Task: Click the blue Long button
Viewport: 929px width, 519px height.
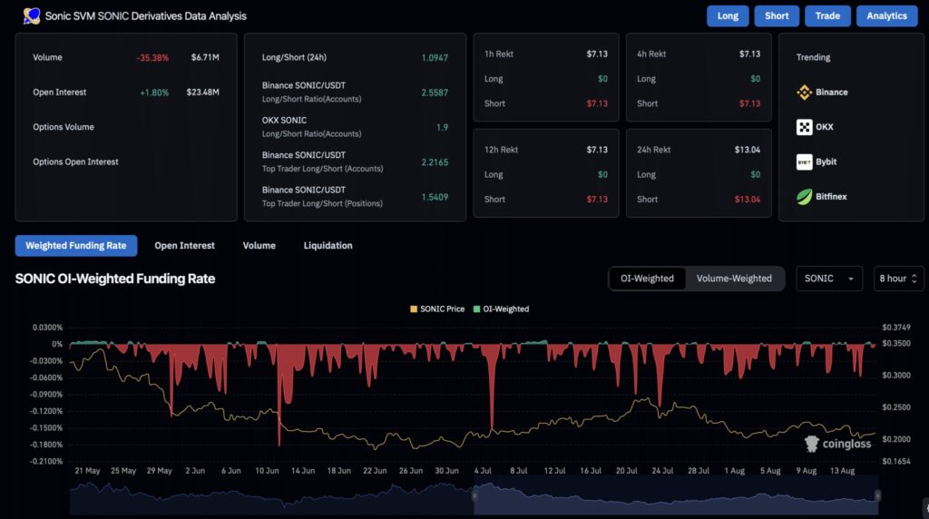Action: pyautogui.click(x=728, y=15)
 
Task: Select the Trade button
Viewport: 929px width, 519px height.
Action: pyautogui.click(x=827, y=15)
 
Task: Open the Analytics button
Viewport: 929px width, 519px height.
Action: pyautogui.click(x=886, y=15)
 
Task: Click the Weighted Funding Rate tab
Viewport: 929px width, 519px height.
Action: pyautogui.click(x=76, y=245)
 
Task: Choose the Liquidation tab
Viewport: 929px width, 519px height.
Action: pyautogui.click(x=328, y=245)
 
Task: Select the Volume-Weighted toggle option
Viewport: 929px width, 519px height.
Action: pyautogui.click(x=734, y=279)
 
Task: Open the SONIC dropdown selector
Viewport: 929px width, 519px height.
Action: pyautogui.click(x=828, y=279)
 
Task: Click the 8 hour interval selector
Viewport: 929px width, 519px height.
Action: pyautogui.click(x=899, y=279)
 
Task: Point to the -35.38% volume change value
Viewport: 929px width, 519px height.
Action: pyautogui.click(x=152, y=57)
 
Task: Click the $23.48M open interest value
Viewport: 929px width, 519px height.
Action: pyautogui.click(x=203, y=92)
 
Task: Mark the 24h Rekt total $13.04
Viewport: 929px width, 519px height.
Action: pyautogui.click(x=748, y=150)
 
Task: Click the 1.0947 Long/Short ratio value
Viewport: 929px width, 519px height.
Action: pyautogui.click(x=435, y=57)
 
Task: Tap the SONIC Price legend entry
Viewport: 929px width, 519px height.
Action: pyautogui.click(x=437, y=309)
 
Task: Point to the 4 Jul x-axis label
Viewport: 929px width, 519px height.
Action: pyautogui.click(x=483, y=471)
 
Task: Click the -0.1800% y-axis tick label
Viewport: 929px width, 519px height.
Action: pyautogui.click(x=44, y=445)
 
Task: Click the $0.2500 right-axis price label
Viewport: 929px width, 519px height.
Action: pyautogui.click(x=896, y=407)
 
